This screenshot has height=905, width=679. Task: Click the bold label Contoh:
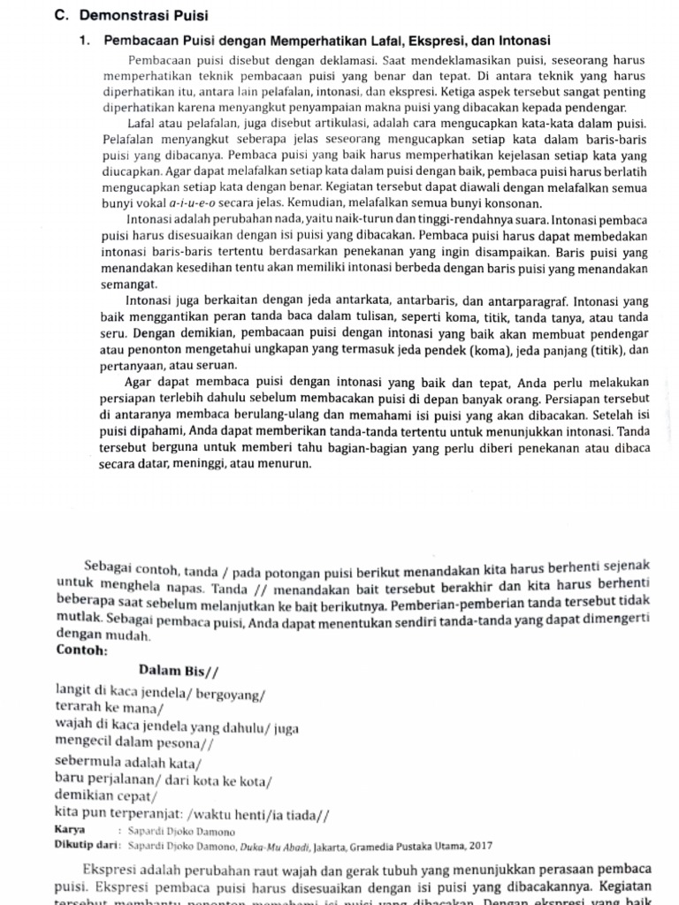coord(81,650)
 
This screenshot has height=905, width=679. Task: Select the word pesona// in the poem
coord(183,742)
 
